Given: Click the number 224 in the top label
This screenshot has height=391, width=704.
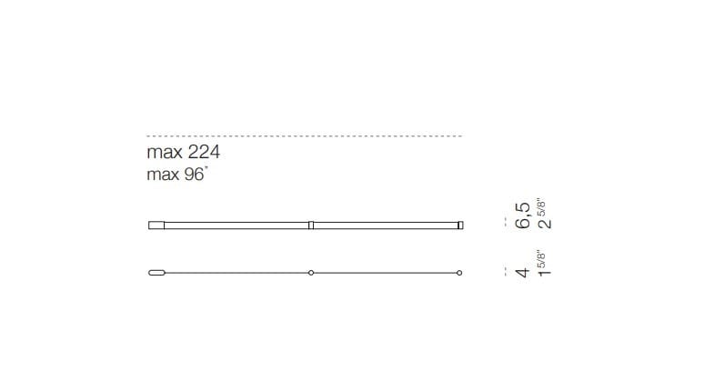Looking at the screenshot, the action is pyautogui.click(x=204, y=152).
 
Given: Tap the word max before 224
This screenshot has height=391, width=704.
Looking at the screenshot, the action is pyautogui.click(x=165, y=154).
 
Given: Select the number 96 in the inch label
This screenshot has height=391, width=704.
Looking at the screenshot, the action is pyautogui.click(x=194, y=175).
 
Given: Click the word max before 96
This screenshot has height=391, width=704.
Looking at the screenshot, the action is pyautogui.click(x=163, y=175).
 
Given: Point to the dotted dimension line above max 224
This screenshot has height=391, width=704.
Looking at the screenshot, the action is pyautogui.click(x=305, y=135).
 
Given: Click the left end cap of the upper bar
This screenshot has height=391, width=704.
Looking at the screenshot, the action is pyautogui.click(x=156, y=225).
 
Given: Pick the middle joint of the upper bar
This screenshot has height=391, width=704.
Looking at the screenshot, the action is pyautogui.click(x=311, y=225).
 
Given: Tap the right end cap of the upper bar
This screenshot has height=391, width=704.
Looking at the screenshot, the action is pyautogui.click(x=460, y=225).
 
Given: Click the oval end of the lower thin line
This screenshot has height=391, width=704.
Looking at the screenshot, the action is pyautogui.click(x=156, y=273).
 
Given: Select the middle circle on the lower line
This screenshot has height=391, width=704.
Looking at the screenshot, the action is pyautogui.click(x=311, y=273).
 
